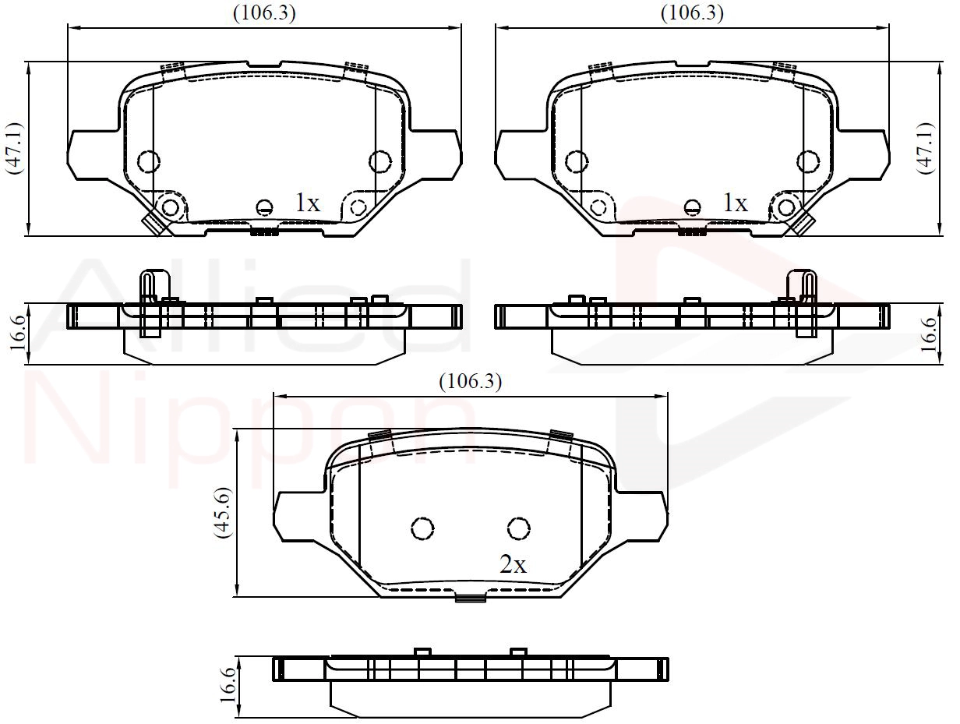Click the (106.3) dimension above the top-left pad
264,12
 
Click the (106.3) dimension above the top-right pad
692,12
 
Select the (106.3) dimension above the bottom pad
470,381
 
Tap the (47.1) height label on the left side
14,149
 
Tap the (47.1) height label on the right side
926,149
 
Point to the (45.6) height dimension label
224,513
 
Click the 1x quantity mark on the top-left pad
308,203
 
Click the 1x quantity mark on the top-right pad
736,203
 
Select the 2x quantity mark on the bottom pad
513,565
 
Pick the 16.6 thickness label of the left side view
18,334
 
